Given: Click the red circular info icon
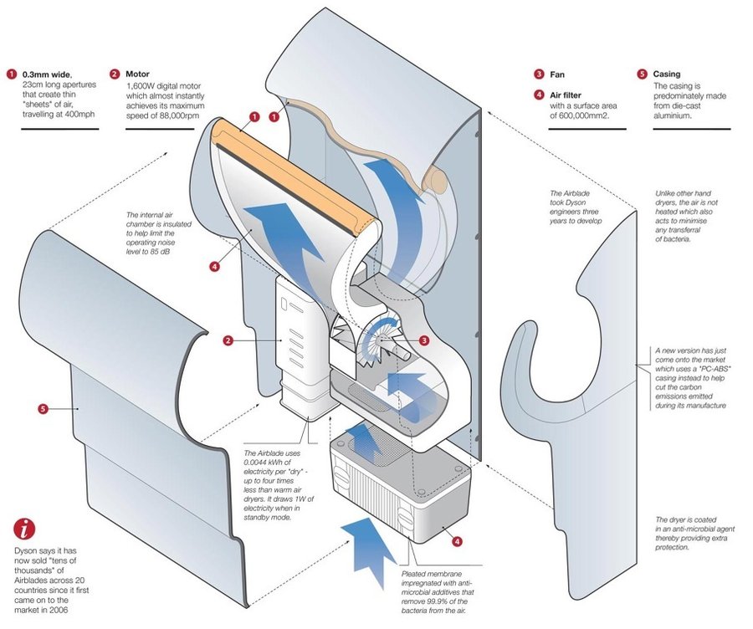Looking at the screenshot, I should (x=26, y=529).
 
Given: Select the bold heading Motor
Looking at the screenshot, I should (x=139, y=74).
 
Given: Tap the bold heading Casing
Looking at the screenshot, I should (x=667, y=74).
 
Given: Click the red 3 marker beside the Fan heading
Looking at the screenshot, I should (x=540, y=74).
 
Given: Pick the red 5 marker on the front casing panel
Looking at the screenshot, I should (x=43, y=409).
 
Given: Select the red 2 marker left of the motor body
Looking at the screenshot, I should (x=227, y=340).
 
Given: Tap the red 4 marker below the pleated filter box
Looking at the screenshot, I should (x=457, y=541).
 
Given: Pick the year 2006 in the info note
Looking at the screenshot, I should (x=69, y=611).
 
